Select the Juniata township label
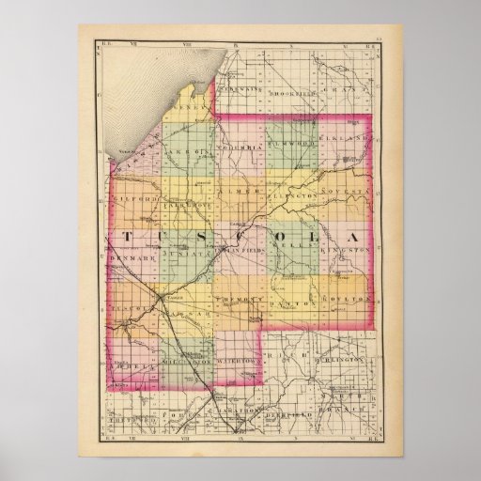tap(185, 253)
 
